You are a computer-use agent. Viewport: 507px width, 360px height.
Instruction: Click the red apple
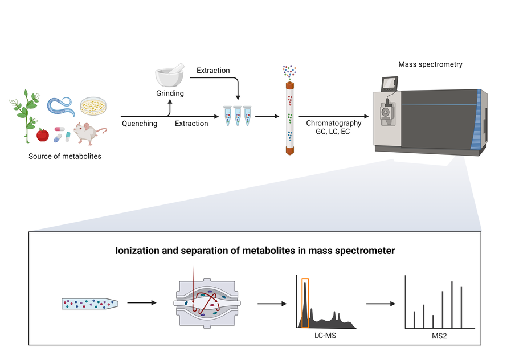(42, 135)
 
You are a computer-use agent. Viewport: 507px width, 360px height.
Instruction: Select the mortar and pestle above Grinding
(169, 77)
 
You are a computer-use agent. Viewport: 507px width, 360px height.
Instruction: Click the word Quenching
(140, 124)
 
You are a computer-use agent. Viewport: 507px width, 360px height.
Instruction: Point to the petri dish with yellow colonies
(92, 105)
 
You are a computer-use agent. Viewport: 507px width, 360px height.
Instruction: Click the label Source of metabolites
(65, 156)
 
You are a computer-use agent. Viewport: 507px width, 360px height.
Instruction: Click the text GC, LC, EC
(333, 132)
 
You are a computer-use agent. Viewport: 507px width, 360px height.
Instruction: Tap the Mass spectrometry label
(430, 64)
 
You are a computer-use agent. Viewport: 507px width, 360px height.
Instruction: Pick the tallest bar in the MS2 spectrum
(452, 305)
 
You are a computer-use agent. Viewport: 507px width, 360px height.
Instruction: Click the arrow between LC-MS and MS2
(381, 303)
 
